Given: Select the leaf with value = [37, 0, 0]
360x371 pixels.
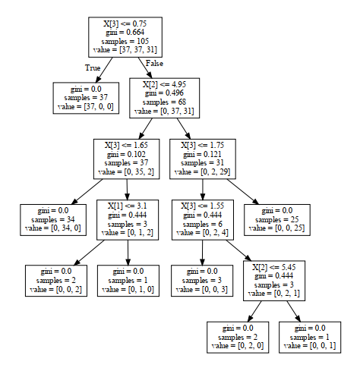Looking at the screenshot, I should tap(84, 99).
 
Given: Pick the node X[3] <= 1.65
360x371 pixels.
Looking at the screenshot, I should tap(127, 158).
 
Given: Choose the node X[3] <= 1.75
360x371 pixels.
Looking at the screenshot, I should tap(203, 158).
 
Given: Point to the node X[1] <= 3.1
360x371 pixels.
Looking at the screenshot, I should tap(127, 219).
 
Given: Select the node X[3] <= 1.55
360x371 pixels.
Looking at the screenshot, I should tap(203, 219).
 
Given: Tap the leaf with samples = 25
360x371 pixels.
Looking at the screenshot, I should tap(280, 219).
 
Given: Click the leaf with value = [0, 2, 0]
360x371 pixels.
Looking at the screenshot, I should tap(236, 337).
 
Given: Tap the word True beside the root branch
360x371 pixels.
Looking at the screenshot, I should tap(93, 68).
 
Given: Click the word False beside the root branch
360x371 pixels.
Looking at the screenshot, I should tap(154, 63).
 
